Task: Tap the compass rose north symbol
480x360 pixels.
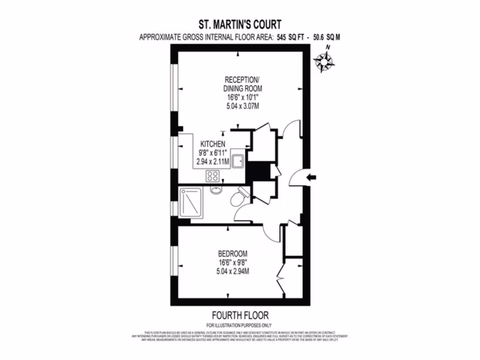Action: click(323, 61)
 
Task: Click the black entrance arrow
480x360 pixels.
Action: click(311, 177)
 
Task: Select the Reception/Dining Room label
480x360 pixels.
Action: click(242, 83)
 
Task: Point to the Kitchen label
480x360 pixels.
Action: click(213, 144)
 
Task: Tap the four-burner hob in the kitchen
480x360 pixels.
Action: click(213, 176)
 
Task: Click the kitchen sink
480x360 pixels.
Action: click(237, 160)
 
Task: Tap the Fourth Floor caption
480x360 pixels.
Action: click(240, 315)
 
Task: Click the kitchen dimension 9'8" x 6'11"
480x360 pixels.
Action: click(213, 153)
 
